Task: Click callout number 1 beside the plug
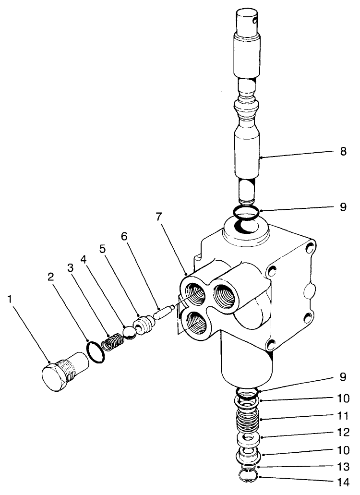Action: pos(10,299)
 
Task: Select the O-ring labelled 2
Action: pos(96,354)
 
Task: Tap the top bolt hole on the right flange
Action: pos(309,248)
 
